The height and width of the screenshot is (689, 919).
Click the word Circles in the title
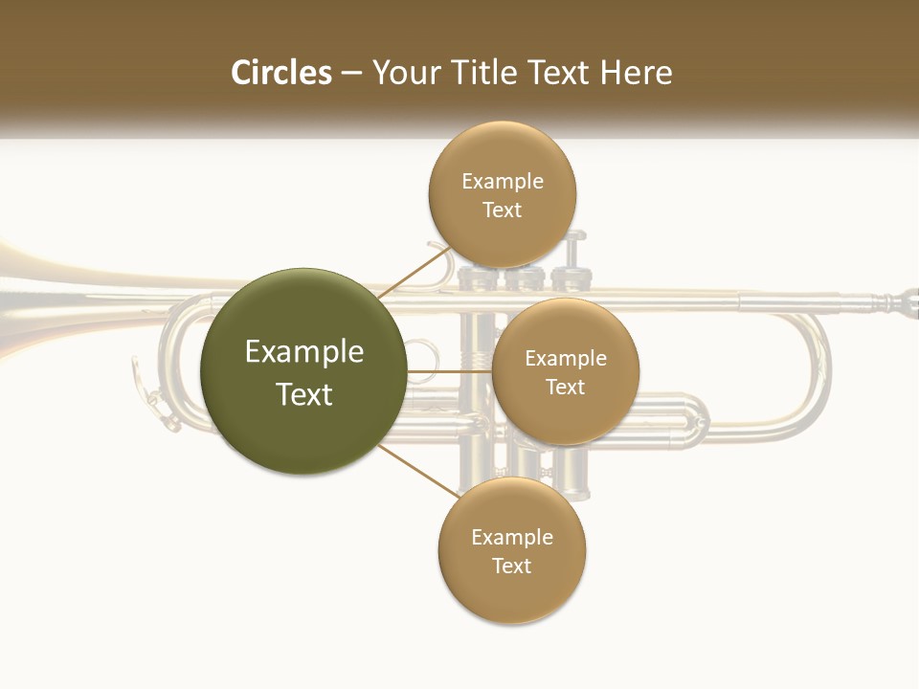pos(281,73)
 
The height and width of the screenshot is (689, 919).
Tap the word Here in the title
pos(635,73)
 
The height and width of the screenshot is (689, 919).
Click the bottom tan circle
pos(511,593)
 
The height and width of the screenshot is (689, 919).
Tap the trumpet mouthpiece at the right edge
pos(904,303)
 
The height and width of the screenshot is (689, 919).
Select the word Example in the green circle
pos(304,352)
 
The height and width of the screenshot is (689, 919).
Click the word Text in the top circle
pos(502,210)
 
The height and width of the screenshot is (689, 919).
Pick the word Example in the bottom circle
pos(511,537)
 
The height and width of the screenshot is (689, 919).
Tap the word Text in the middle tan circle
pos(565,387)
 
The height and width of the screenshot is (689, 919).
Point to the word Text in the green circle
pos(304,394)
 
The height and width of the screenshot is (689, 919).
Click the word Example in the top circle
pos(502,181)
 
